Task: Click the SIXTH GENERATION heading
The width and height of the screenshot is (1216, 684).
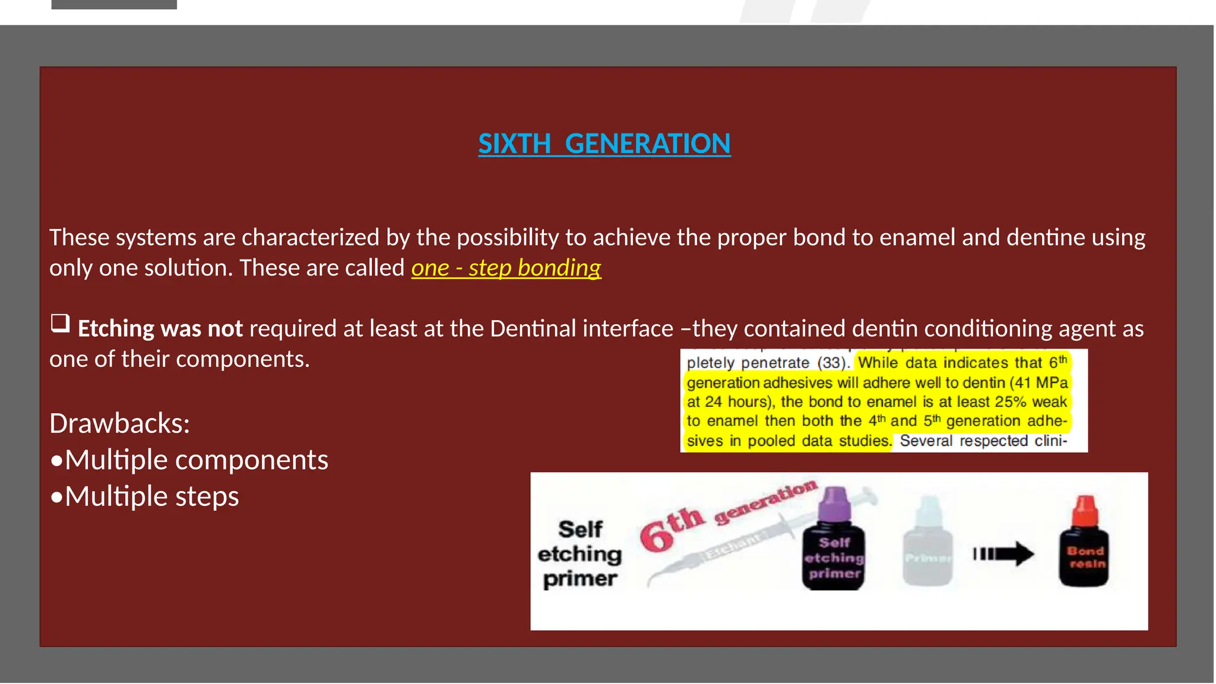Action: pos(604,144)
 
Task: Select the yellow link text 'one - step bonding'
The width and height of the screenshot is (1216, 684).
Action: pos(506,268)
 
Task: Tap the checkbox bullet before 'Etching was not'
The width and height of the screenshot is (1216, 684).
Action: pos(60,324)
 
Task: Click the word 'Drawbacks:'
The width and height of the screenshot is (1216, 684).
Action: pos(119,423)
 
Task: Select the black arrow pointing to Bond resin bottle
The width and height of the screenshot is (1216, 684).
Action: pos(1003,554)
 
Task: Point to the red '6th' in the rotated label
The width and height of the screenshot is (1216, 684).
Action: pos(671,528)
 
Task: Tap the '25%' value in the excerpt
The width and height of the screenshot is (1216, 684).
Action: pos(1011,402)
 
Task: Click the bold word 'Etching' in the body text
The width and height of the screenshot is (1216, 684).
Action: pos(116,328)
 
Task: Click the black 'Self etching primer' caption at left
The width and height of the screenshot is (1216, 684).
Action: pos(579,554)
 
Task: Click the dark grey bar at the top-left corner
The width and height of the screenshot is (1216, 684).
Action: pos(114,4)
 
